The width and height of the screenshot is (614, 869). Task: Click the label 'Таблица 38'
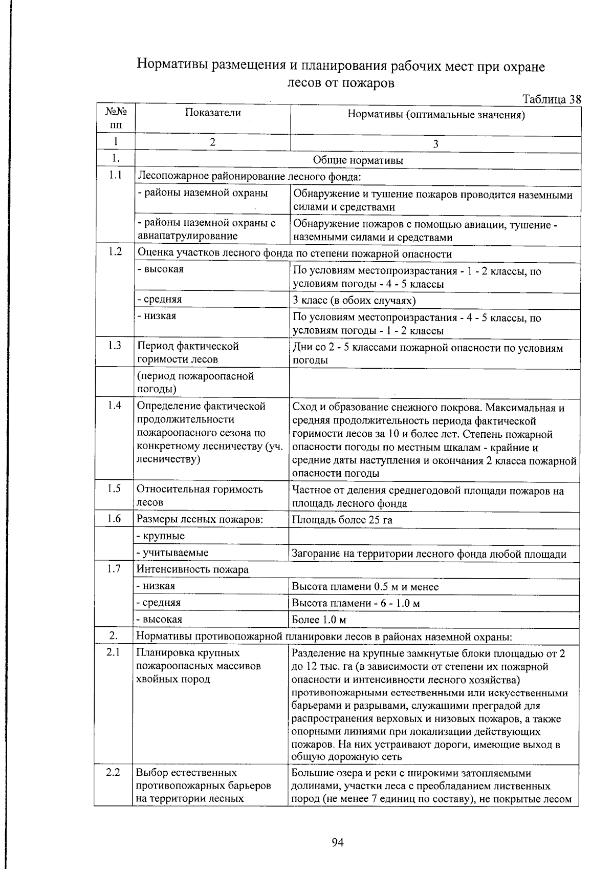coord(552,99)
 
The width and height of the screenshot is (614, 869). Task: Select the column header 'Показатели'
coord(213,113)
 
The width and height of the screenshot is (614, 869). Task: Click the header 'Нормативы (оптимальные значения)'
coord(436,115)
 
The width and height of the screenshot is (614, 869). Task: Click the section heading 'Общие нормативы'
coord(358,161)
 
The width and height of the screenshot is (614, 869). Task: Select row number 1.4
coord(115,406)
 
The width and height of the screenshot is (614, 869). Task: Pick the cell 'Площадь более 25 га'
coord(342,520)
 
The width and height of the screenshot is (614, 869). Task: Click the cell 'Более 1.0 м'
coord(319,620)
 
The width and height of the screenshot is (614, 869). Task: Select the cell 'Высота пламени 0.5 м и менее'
coord(365,587)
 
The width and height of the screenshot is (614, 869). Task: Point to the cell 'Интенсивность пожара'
coord(192,569)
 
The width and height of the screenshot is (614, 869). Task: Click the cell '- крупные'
coord(161,536)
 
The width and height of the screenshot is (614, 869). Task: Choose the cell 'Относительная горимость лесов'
coord(200,496)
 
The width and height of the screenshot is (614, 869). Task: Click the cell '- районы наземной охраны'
coord(203,193)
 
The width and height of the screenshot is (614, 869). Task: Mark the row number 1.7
coord(115,568)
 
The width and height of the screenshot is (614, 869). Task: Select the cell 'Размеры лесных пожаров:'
coord(200,519)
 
